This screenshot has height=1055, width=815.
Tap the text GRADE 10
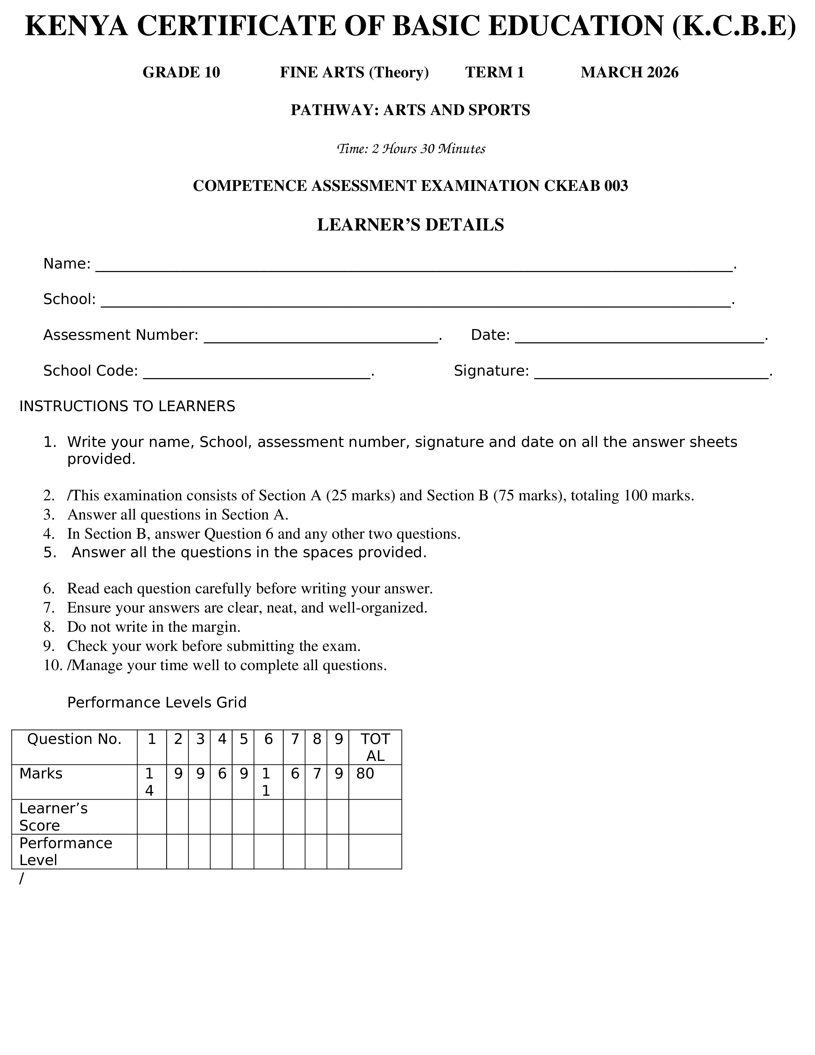pos(181,73)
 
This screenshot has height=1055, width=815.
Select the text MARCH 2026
pos(629,73)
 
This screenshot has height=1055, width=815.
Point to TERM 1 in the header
pos(494,73)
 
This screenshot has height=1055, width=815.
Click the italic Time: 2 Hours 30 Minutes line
pos(410,149)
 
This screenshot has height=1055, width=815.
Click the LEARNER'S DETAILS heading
pos(410,225)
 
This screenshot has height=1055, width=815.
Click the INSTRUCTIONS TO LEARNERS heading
pos(127,407)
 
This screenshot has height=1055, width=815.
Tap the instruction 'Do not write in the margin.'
pos(153,627)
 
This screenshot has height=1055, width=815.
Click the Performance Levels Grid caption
pos(156,702)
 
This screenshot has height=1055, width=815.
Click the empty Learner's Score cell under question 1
pos(151,817)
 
